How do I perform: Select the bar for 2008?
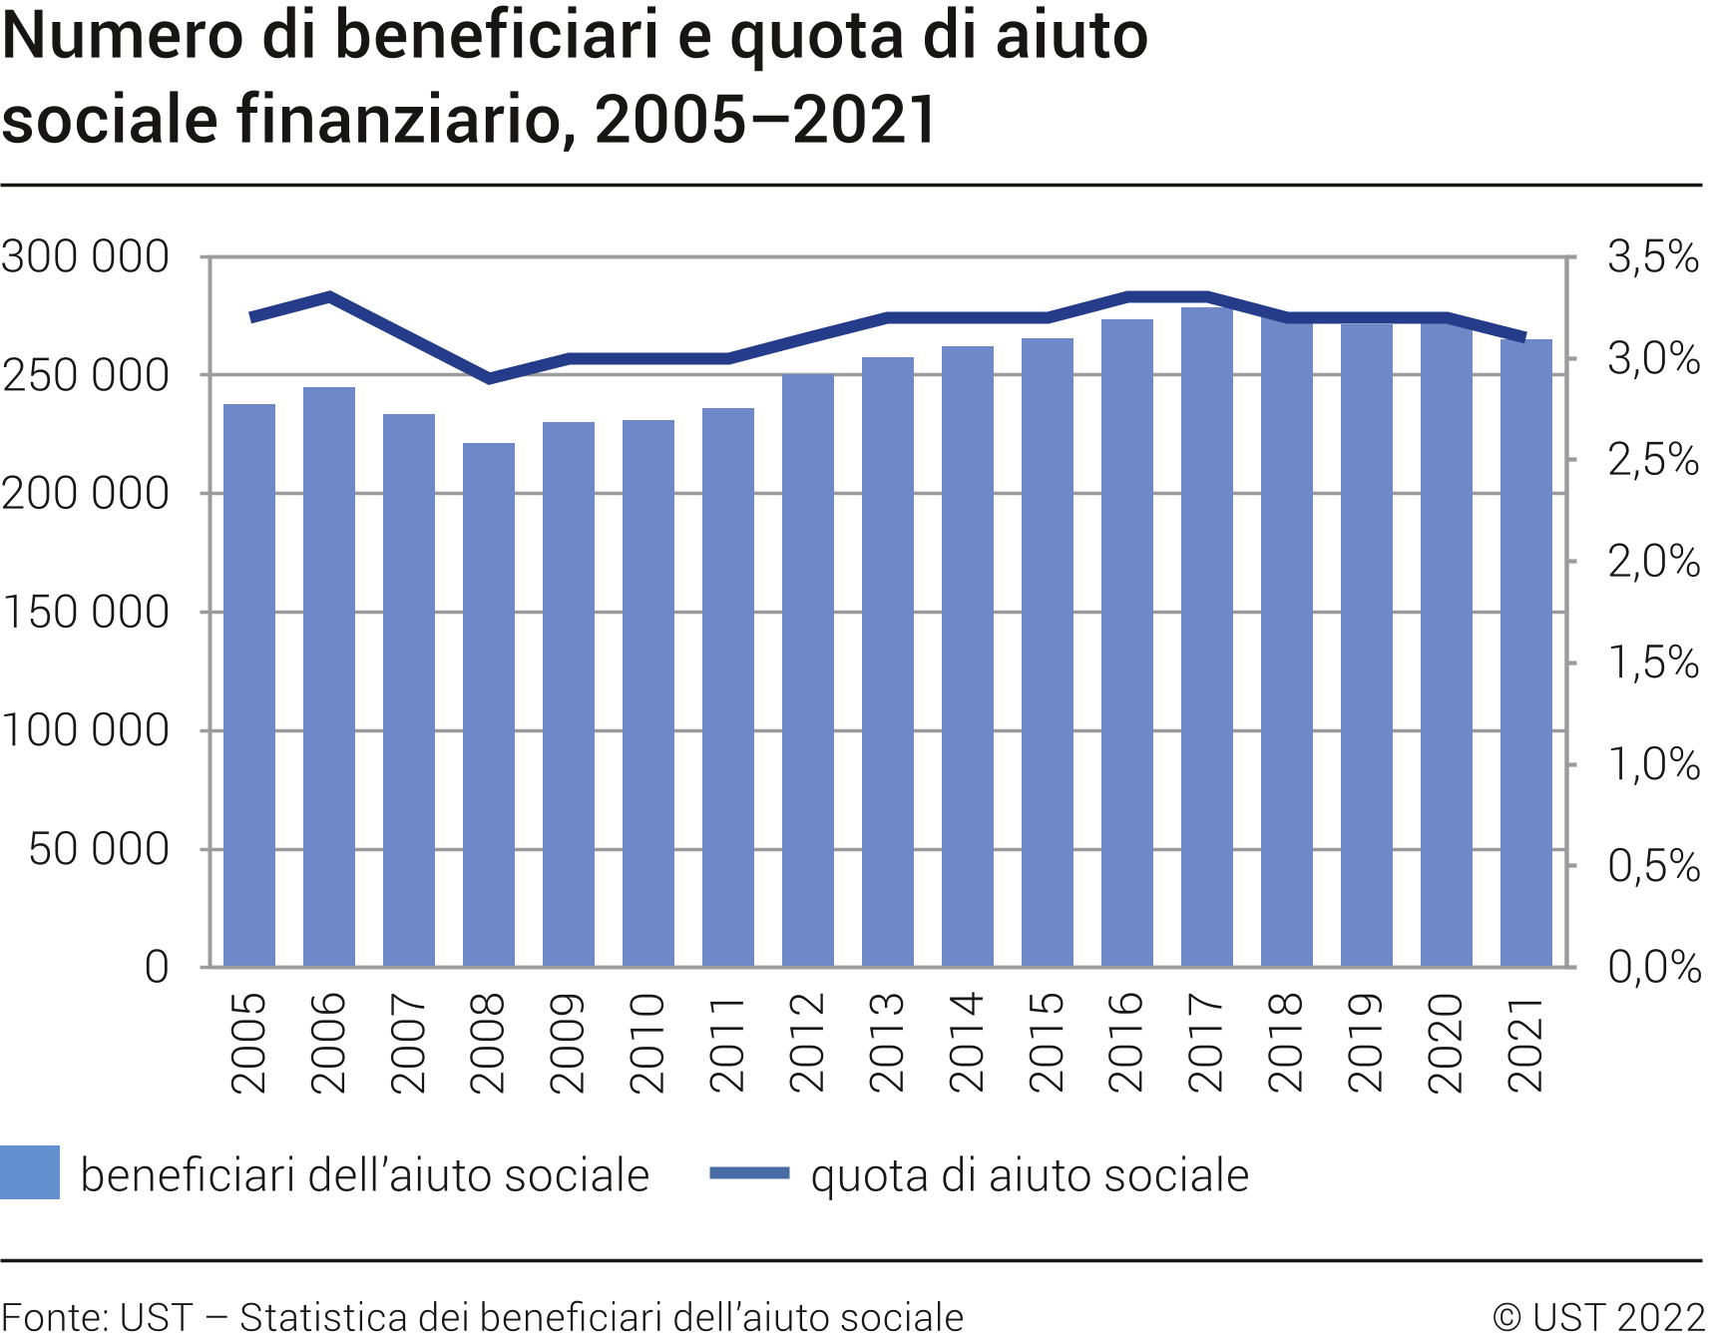pos(489,703)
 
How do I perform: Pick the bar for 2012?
pos(808,670)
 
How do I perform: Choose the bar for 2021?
pos(1526,653)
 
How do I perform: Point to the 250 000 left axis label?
pos(86,376)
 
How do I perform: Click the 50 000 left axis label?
pos(99,849)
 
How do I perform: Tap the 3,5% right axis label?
pos(1653,257)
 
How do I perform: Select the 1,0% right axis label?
pos(1653,764)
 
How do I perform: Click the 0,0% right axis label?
pos(1653,967)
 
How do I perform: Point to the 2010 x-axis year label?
pos(648,1043)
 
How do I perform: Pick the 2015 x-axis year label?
pos(1048,1043)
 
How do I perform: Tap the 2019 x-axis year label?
pos(1367,1043)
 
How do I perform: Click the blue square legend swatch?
pos(30,1172)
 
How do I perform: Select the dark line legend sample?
pos(749,1173)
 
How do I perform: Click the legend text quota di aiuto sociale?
pos(1030,1175)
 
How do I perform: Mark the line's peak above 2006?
pos(329,296)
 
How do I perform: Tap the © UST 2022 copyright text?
pos(1598,1317)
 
